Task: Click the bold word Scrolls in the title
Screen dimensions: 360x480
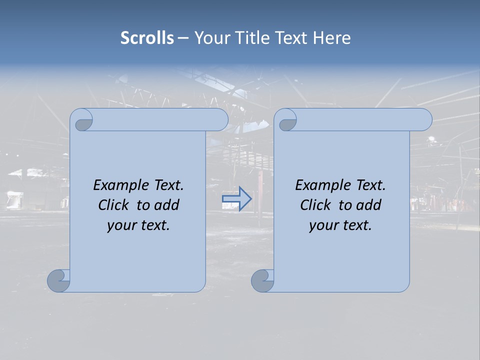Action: (x=147, y=37)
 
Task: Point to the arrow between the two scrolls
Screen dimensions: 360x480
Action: (x=236, y=199)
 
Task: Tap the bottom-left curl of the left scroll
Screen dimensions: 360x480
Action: (x=59, y=280)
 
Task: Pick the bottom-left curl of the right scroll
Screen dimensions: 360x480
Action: (x=262, y=280)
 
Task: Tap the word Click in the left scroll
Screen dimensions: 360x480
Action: (x=115, y=205)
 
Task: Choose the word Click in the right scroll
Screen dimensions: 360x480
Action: (x=317, y=205)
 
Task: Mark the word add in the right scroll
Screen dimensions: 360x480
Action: (x=369, y=205)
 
